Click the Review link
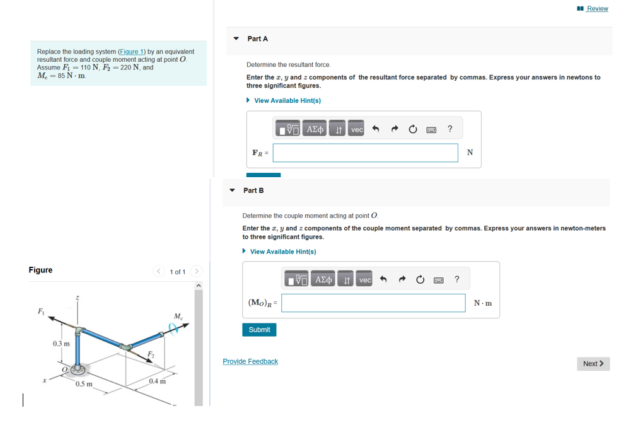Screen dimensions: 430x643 [596, 9]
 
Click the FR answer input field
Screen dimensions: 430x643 [365, 153]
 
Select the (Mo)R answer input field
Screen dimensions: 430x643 [373, 303]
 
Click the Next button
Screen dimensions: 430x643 [593, 364]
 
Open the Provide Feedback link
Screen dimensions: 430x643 [250, 361]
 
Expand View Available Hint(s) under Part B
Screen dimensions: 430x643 [283, 252]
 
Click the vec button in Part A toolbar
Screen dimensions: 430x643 [357, 129]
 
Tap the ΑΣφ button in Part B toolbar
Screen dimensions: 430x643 [323, 279]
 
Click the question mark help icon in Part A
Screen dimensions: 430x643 [449, 129]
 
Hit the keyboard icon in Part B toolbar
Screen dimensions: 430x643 [439, 280]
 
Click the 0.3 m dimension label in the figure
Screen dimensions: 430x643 [61, 344]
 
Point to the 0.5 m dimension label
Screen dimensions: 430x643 [84, 384]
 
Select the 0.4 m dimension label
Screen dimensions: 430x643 [158, 381]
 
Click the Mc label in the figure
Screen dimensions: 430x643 [178, 316]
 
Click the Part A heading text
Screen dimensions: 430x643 [257, 39]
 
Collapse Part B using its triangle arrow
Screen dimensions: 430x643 [232, 190]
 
